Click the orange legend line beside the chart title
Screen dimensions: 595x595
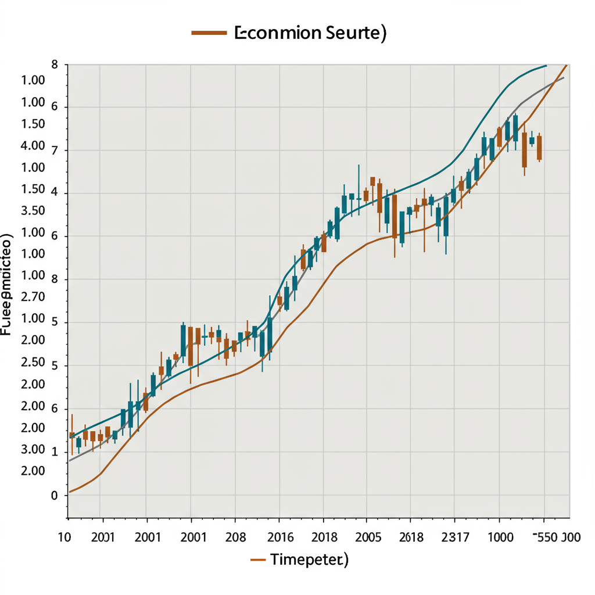209,33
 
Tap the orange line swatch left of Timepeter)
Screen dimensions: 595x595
258,560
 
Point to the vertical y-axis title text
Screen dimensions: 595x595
7,285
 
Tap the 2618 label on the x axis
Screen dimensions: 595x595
412,536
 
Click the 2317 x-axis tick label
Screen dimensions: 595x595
454,536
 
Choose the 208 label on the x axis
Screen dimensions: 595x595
235,536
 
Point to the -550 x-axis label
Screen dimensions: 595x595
547,536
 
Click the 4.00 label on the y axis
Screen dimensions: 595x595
33,146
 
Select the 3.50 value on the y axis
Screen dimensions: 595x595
33,211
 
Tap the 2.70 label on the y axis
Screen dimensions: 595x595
33,297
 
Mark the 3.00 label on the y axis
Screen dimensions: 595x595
33,449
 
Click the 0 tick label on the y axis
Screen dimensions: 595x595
55,496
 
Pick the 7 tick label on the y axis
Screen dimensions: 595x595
55,151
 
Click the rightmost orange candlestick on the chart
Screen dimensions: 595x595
539,148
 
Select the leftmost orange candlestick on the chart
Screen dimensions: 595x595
71,435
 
